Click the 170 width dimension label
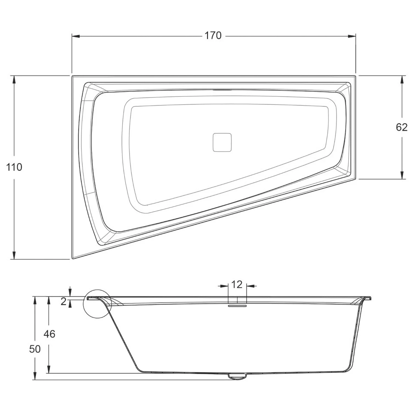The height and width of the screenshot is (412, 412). [x=213, y=36]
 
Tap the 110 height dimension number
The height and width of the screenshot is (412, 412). [x=14, y=167]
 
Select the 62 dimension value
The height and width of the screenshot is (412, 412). [x=402, y=127]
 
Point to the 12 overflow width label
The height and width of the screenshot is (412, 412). [x=236, y=284]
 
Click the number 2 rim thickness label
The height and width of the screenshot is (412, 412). [x=63, y=302]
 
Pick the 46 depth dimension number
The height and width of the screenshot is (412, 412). [x=49, y=334]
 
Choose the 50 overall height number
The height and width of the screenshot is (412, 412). [x=35, y=349]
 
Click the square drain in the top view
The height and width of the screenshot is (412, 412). [x=222, y=142]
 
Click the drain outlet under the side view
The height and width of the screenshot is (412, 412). [x=237, y=376]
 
